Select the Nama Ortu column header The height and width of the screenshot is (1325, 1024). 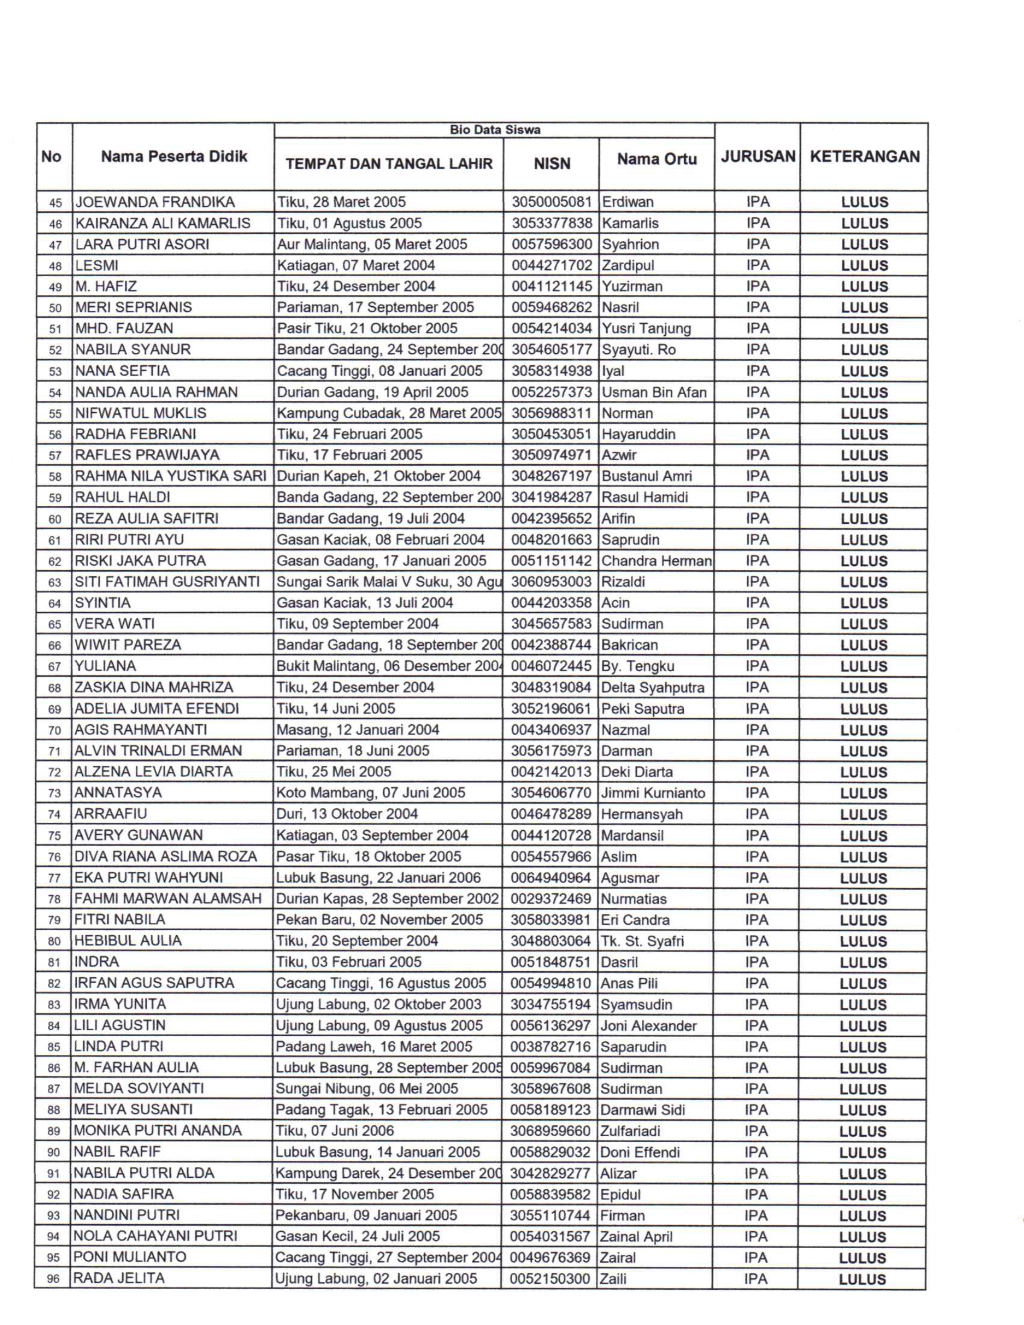tap(657, 159)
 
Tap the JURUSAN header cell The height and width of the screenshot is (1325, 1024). tap(758, 157)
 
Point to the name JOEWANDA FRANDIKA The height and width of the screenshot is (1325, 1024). tap(154, 202)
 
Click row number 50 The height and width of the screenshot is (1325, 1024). tap(55, 308)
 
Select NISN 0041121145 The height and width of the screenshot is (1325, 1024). tap(551, 286)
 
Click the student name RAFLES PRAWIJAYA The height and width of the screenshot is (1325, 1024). tap(147, 455)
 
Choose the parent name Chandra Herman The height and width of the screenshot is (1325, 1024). tap(656, 561)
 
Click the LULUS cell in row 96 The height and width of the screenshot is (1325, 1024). tap(862, 1279)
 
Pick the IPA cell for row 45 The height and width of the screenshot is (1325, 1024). tap(758, 202)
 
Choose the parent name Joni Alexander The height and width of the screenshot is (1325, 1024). tap(648, 1025)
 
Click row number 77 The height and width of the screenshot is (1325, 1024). tap(55, 878)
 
